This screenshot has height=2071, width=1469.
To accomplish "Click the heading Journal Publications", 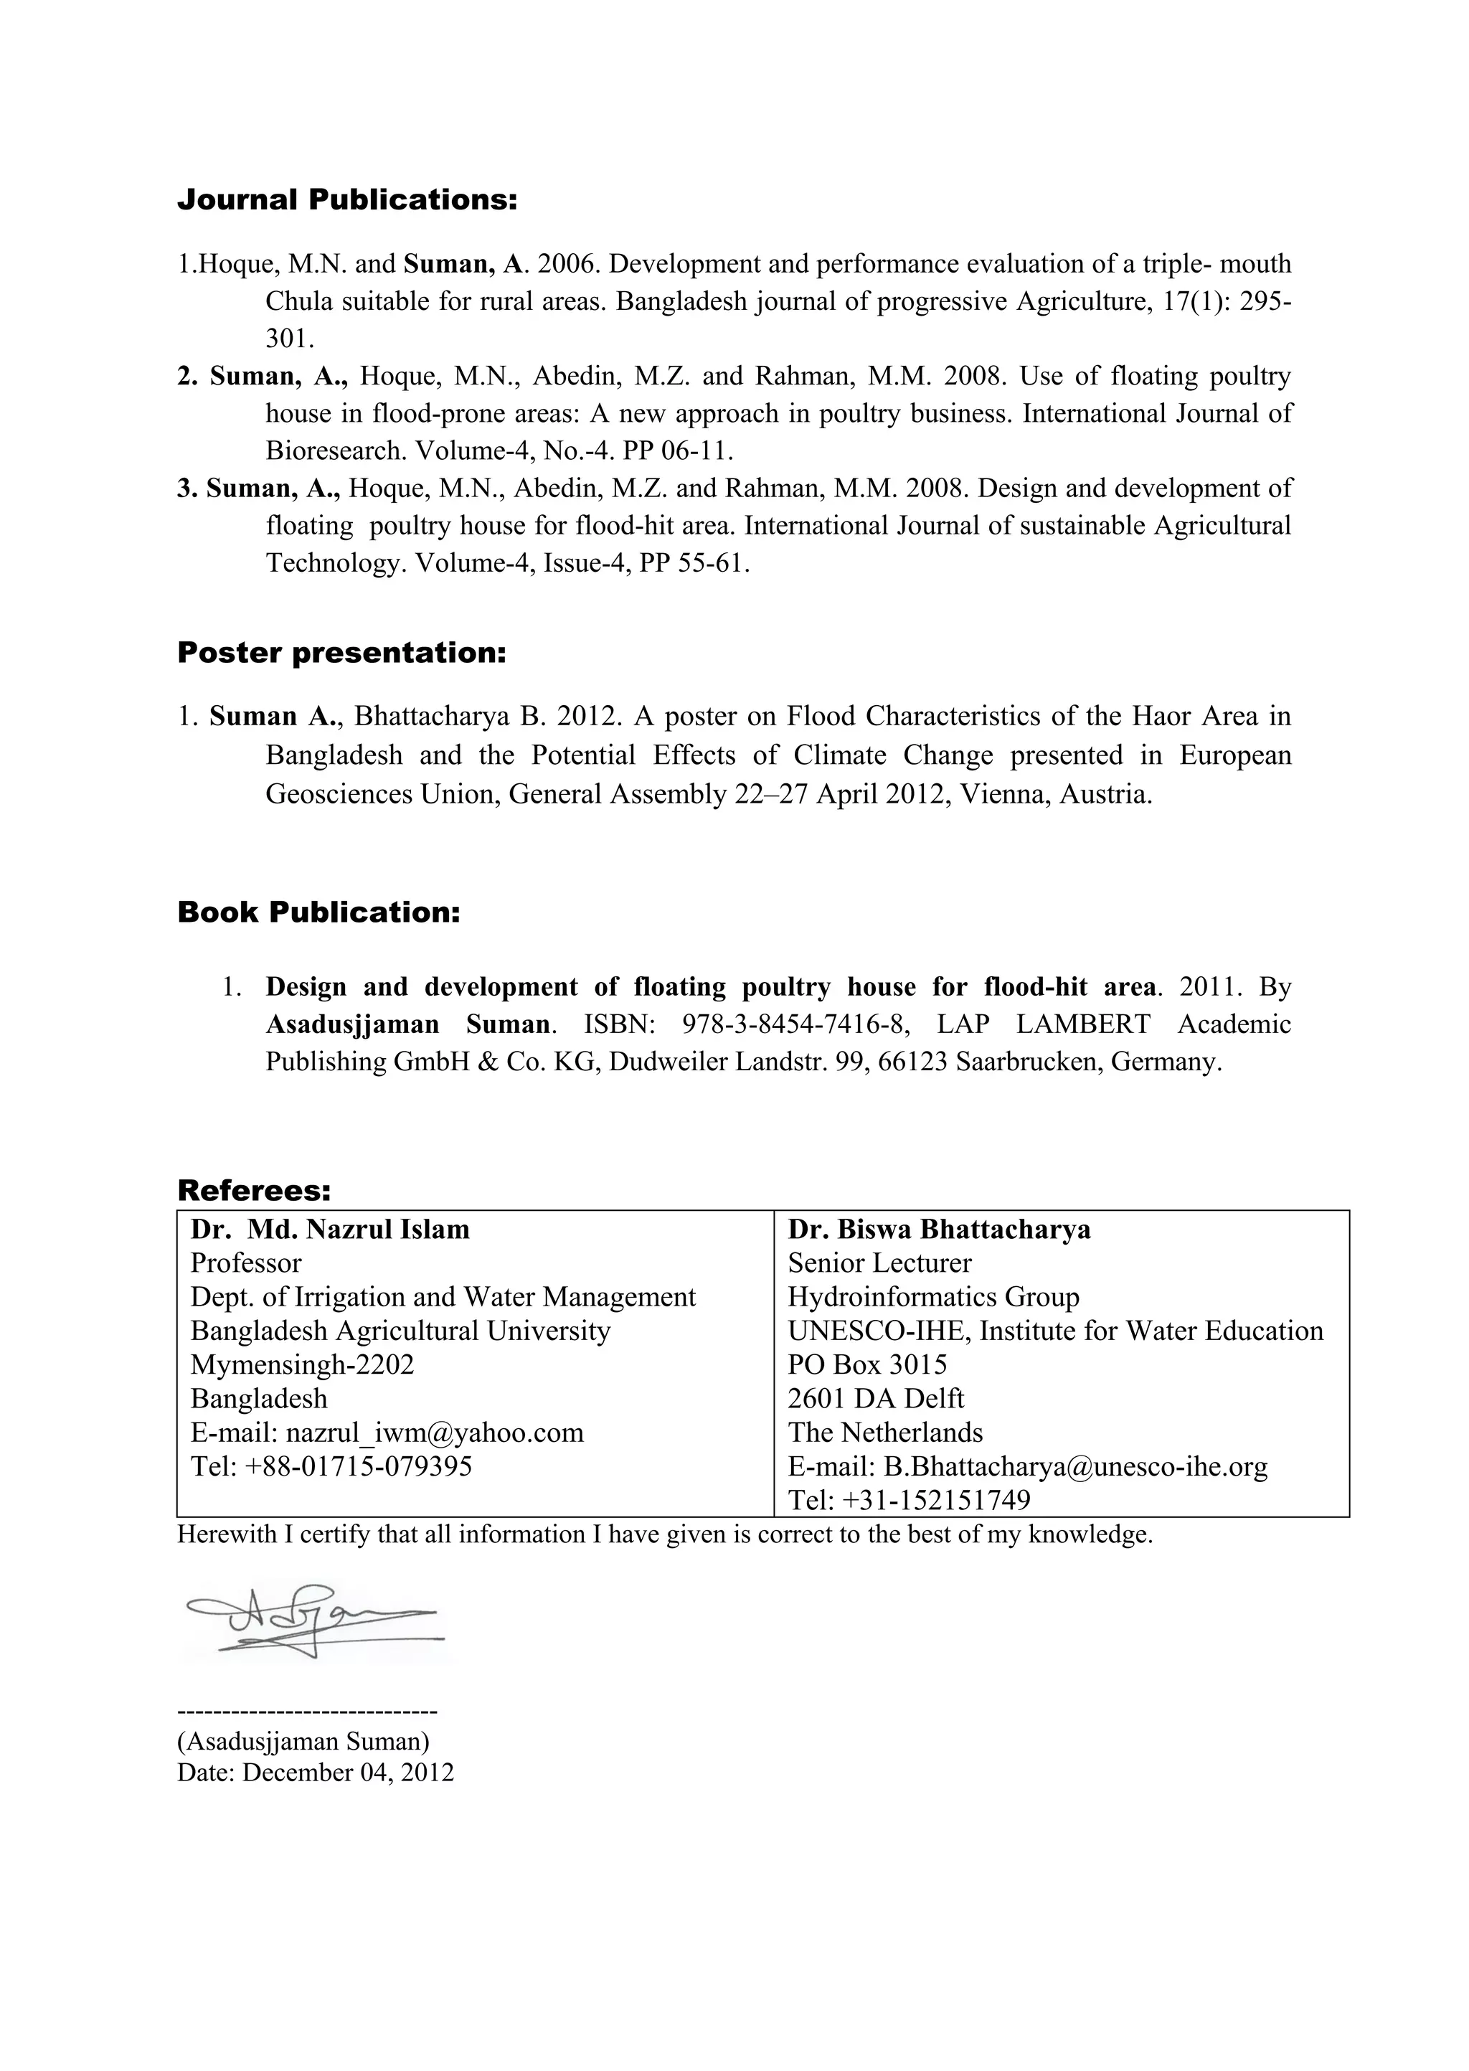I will pos(346,200).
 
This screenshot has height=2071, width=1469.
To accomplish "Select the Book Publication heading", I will pos(318,912).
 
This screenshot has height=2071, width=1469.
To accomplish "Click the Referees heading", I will pos(254,1190).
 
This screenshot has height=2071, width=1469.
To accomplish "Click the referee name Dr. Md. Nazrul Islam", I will pos(330,1230).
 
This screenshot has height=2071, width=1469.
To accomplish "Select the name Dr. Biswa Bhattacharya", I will pos(939,1230).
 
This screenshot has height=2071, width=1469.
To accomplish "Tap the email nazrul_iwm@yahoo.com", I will pos(434,1433).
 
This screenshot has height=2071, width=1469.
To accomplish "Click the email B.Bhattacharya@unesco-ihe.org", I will pos(1075,1467).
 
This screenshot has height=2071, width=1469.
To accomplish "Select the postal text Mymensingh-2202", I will pos(302,1364).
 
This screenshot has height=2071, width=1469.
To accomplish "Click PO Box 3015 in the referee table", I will pos(867,1364).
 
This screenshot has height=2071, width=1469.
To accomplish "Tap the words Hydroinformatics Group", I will pos(933,1298).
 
